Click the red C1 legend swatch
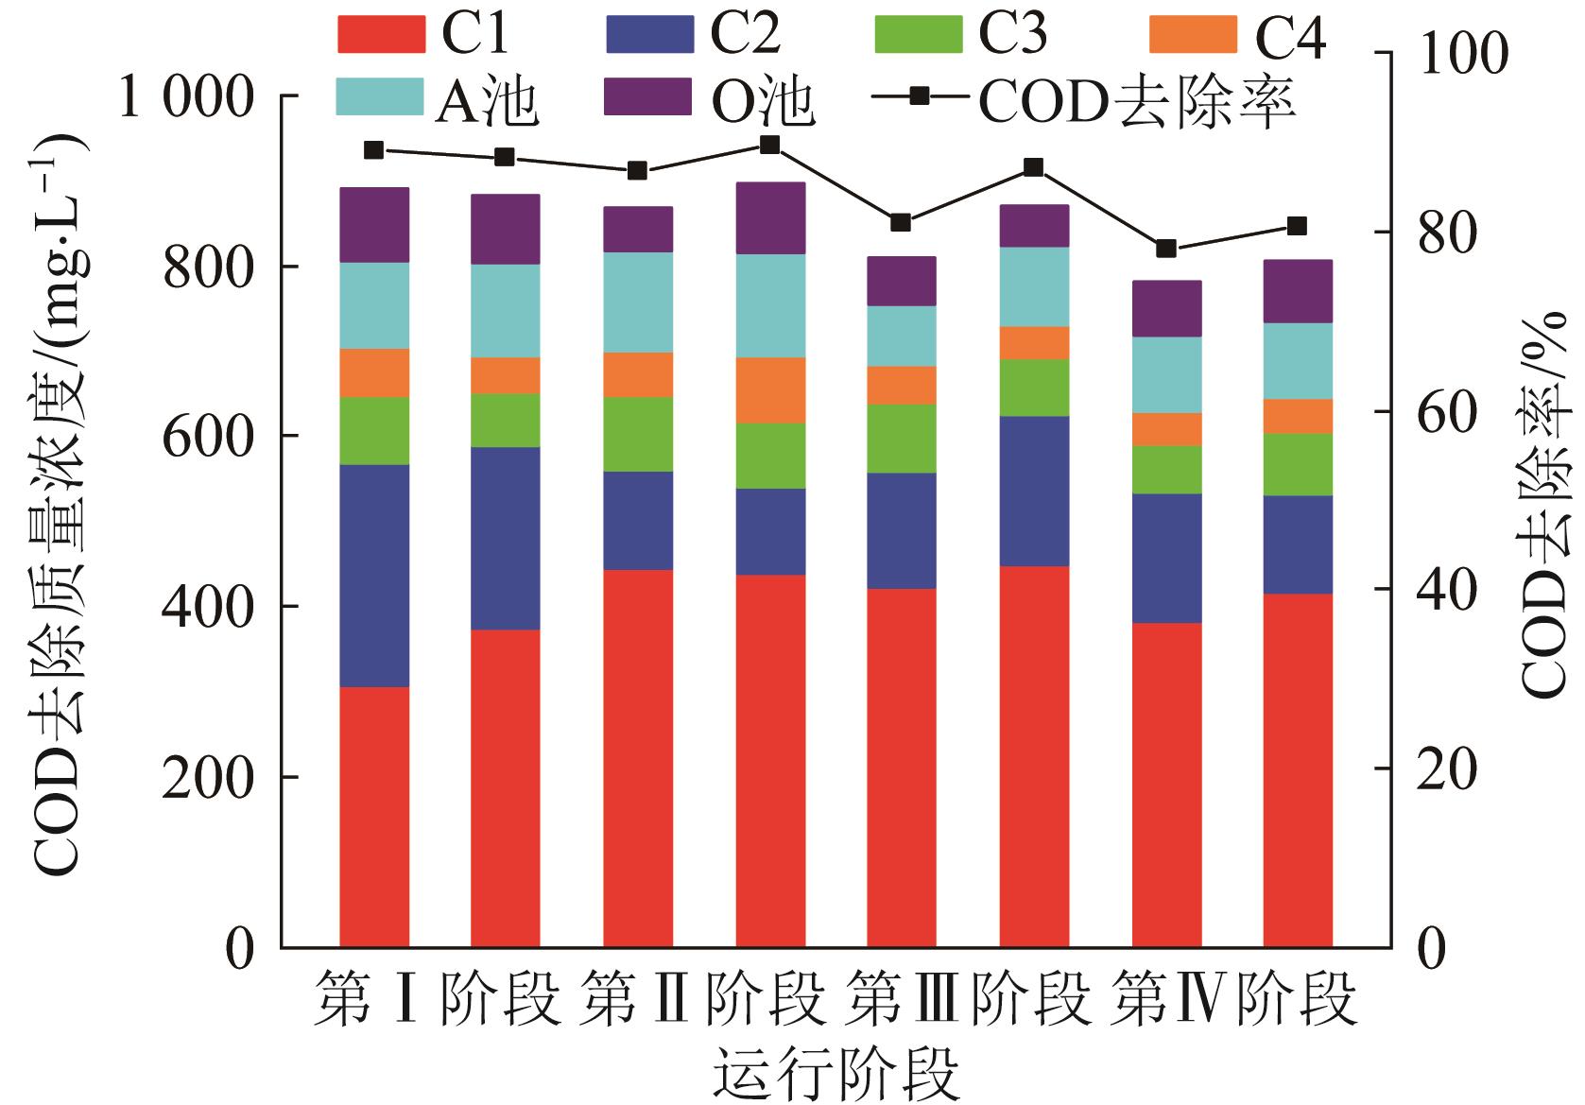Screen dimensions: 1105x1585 click(x=380, y=34)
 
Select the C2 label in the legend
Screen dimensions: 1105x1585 click(x=745, y=34)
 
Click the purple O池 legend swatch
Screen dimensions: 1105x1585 click(x=647, y=96)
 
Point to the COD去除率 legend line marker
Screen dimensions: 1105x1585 click(x=919, y=95)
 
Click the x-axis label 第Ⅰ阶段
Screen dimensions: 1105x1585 click(x=438, y=997)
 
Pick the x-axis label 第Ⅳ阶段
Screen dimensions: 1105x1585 click(x=1234, y=997)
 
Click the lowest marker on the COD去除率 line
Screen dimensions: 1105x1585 click(x=1166, y=249)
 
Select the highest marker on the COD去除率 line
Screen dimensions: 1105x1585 click(x=770, y=145)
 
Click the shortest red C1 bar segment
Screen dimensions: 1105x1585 click(x=374, y=817)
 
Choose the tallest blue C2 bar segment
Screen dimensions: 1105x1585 click(x=374, y=576)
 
